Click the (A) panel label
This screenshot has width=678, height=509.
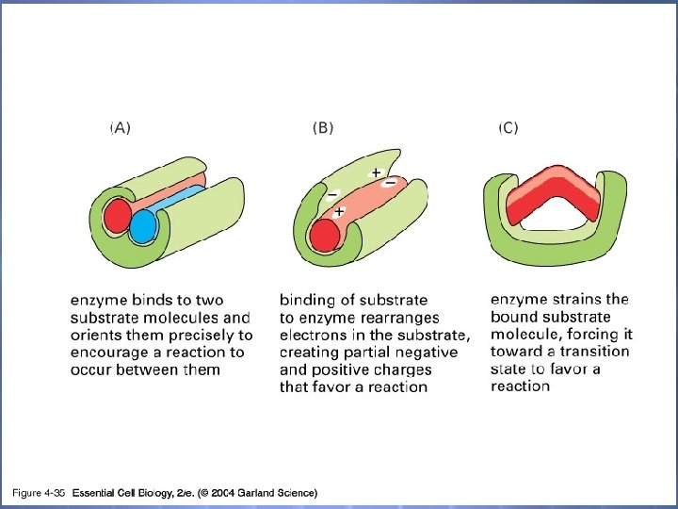121,128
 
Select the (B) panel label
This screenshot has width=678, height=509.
323,128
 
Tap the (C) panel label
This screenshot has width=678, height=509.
508,128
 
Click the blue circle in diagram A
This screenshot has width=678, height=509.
144,227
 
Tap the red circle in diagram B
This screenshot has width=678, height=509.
325,235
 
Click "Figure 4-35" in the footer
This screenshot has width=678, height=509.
37,493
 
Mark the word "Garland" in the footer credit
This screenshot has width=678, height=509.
254,493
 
